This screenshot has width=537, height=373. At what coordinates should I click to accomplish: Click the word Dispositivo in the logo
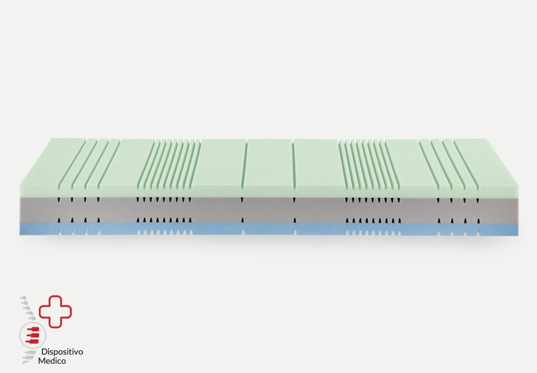pyautogui.click(x=62, y=352)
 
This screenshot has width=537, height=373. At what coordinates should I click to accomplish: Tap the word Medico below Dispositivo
pyautogui.click(x=52, y=361)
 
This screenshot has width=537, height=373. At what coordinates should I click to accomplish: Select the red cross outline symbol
pyautogui.click(x=55, y=311)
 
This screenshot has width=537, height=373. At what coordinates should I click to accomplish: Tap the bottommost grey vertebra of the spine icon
pyautogui.click(x=27, y=361)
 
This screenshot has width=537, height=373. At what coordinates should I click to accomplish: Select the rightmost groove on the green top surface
pyautogui.click(x=465, y=164)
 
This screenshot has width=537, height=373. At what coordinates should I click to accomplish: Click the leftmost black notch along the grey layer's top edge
pyautogui.click(x=59, y=200)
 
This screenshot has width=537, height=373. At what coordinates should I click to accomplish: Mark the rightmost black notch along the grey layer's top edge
pyautogui.click(x=477, y=200)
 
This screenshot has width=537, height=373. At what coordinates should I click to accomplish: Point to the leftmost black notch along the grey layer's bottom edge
pyautogui.click(x=59, y=221)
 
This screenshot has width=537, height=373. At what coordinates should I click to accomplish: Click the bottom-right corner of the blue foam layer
pyautogui.click(x=518, y=235)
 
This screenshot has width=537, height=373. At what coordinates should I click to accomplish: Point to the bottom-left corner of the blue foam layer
pyautogui.click(x=20, y=235)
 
